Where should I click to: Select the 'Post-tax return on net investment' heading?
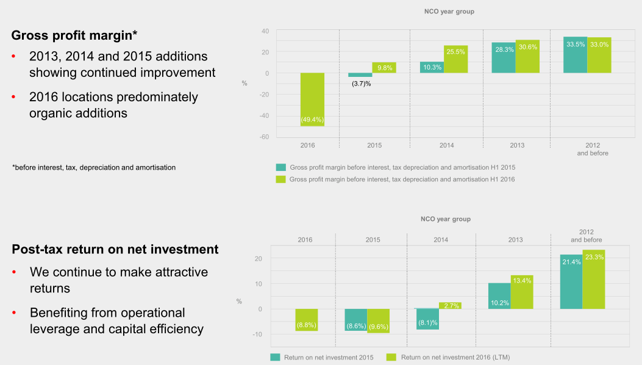point(115,249)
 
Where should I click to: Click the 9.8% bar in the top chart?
point(383,68)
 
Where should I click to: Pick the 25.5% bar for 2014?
point(455,59)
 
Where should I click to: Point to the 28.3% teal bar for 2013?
point(504,57)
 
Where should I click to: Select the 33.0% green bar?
point(599,55)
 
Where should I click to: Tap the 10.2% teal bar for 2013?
point(499,295)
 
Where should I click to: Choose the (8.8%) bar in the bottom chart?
point(307,320)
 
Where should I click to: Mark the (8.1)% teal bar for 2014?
point(427,319)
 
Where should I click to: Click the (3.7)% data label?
point(361,83)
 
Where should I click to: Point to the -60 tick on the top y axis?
point(265,137)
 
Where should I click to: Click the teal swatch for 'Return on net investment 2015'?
point(275,357)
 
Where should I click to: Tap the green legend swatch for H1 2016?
point(280,179)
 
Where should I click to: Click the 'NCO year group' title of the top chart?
point(449,12)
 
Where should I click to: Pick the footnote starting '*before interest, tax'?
point(94,167)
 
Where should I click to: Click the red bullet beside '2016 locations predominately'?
point(14,98)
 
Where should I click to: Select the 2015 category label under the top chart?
point(374,145)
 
